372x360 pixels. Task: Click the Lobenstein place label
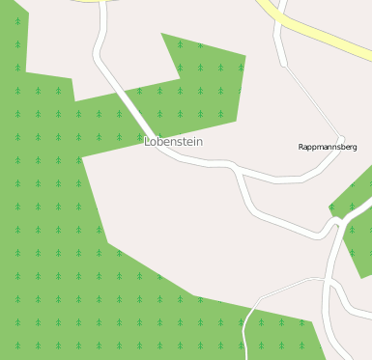point(174,142)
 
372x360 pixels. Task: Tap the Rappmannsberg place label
point(328,147)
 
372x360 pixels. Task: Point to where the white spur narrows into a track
point(283,66)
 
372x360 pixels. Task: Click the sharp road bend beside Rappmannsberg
point(342,139)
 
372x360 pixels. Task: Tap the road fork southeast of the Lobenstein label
point(236,168)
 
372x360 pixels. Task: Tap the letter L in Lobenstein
point(148,142)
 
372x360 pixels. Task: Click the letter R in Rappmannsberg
point(301,147)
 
